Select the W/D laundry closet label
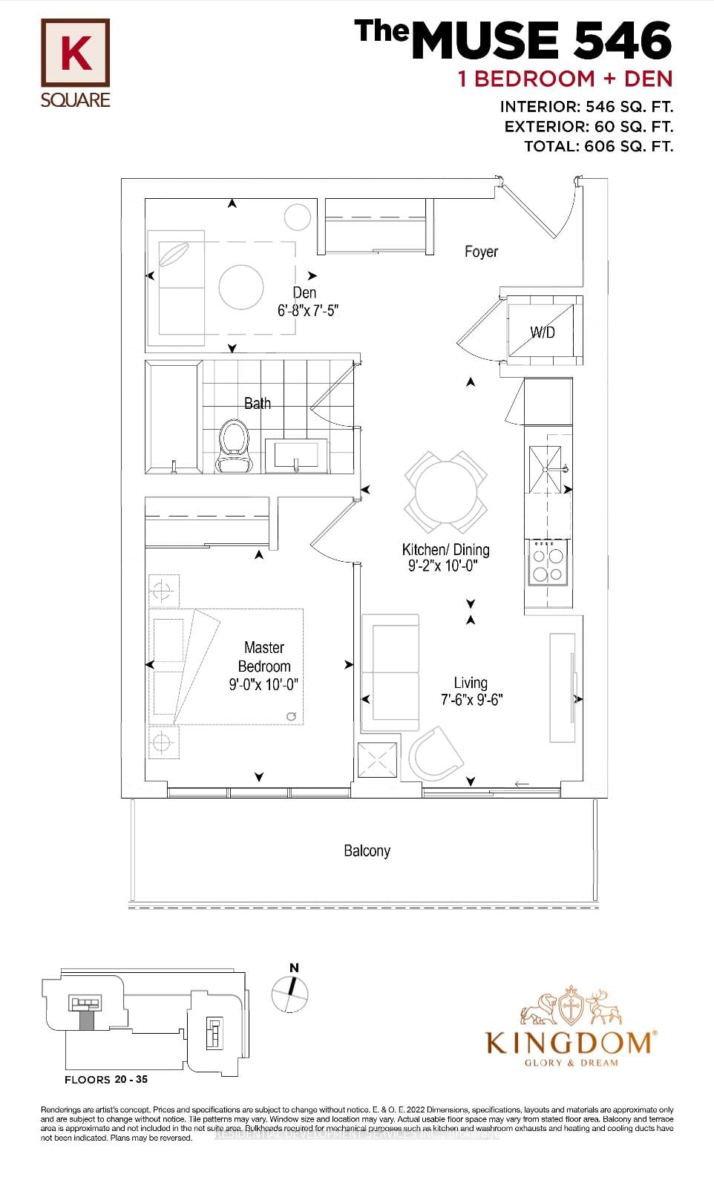tap(543, 332)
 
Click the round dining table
tap(445, 491)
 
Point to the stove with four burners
tap(548, 563)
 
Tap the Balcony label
tap(367, 851)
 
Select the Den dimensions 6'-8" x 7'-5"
tap(308, 311)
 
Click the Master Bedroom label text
tap(264, 657)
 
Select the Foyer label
tap(481, 252)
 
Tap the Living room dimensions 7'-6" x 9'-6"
tap(471, 699)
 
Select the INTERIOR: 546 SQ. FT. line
tap(586, 107)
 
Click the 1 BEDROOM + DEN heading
tap(565, 79)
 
